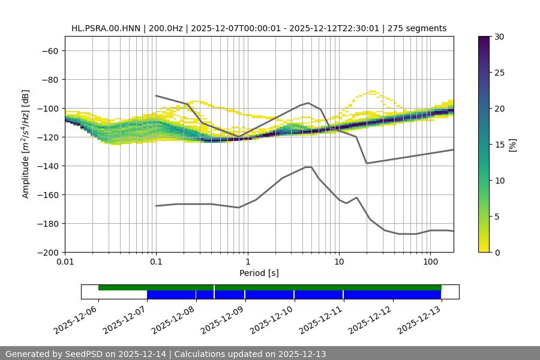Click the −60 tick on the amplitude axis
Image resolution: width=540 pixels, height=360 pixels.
click(49, 50)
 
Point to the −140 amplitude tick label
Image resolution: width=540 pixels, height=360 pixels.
click(47, 166)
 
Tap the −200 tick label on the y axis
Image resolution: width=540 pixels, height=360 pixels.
click(47, 252)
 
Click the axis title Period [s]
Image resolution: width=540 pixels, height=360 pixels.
click(259, 273)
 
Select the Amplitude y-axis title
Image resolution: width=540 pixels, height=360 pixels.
click(25, 144)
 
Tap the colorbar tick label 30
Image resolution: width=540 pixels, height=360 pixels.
click(499, 37)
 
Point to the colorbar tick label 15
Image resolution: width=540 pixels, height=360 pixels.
click(499, 145)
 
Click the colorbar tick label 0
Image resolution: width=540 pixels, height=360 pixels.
click(497, 252)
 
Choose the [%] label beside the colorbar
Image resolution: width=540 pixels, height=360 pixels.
click(512, 145)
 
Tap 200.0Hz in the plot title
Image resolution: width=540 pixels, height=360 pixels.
click(163, 28)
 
